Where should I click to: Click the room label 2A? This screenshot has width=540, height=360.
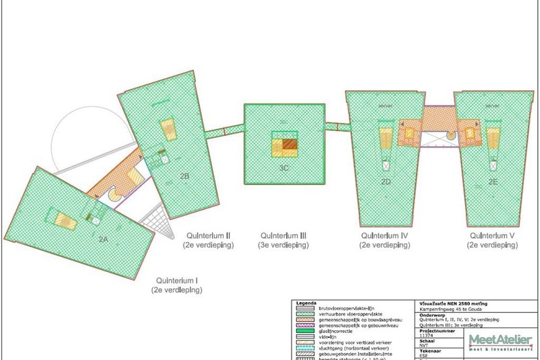[x=102, y=238]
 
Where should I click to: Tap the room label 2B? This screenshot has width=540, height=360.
[x=185, y=176]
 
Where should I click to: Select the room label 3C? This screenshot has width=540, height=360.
[x=284, y=168]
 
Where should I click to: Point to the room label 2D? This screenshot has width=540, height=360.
[x=386, y=181]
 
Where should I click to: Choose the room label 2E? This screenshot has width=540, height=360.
[x=492, y=181]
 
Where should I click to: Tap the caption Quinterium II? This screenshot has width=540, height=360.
[x=208, y=235]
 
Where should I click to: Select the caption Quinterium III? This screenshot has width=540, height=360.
[x=285, y=235]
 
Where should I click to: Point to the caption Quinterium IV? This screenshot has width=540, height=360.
[x=385, y=235]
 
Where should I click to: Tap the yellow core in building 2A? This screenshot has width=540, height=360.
[x=66, y=221]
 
